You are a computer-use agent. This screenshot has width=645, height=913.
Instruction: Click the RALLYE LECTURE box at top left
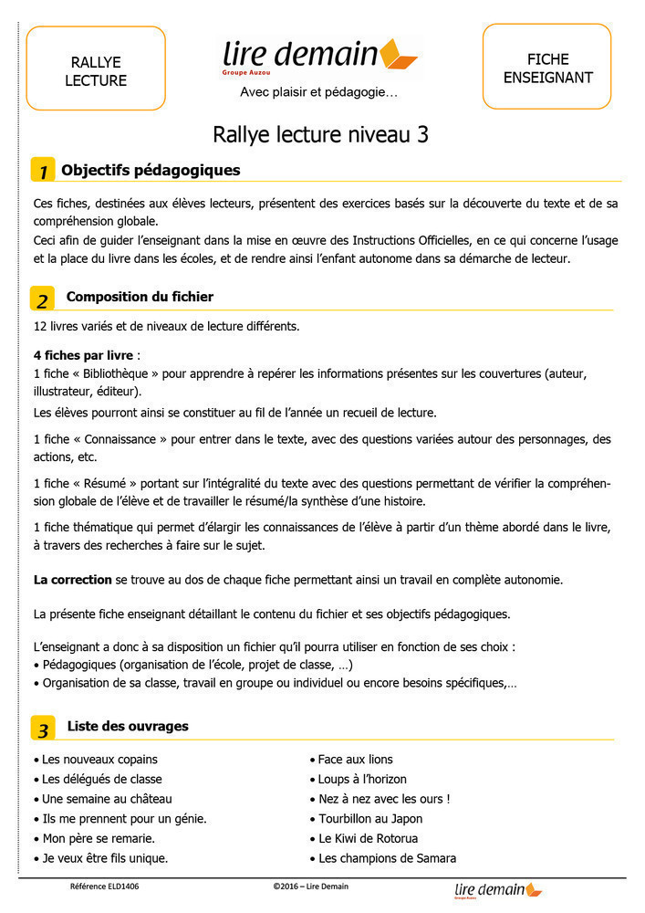[x=96, y=68]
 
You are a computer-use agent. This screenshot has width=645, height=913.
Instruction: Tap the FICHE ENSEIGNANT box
[x=546, y=67]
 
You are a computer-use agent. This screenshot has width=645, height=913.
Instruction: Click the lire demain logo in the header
[x=319, y=57]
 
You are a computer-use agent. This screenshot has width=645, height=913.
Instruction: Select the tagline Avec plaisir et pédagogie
[x=318, y=92]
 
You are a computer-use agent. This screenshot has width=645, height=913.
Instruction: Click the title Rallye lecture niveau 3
[x=321, y=135]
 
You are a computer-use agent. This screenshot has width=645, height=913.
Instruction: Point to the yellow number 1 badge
[x=42, y=171]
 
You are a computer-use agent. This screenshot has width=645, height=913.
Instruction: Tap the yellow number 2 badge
[x=42, y=299]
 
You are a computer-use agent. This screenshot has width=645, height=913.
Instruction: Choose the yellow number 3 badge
[x=42, y=729]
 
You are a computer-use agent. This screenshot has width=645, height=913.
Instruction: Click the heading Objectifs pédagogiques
[x=151, y=170]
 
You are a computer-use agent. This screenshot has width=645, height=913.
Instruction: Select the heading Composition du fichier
[x=140, y=297]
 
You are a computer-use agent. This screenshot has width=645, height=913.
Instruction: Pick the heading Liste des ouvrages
[x=128, y=727]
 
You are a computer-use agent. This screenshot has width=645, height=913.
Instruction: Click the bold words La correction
[x=72, y=580]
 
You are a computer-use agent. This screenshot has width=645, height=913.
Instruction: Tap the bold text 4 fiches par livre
[x=83, y=353]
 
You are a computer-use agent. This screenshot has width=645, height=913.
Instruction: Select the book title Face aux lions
[x=355, y=760]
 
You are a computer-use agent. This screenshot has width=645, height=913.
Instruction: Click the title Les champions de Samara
[x=387, y=859]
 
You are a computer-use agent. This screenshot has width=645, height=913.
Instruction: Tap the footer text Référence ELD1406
[x=105, y=887]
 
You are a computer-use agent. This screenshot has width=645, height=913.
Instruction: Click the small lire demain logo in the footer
[x=497, y=890]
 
